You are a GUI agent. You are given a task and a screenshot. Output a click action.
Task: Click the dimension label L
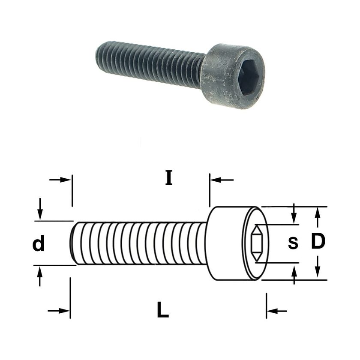pos(163,310)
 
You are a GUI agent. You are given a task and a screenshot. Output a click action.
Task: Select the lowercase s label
pos(293,243)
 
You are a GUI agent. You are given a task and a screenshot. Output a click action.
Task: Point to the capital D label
pos(318,241)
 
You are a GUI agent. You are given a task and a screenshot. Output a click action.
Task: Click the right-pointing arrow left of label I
pos(59,180)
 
